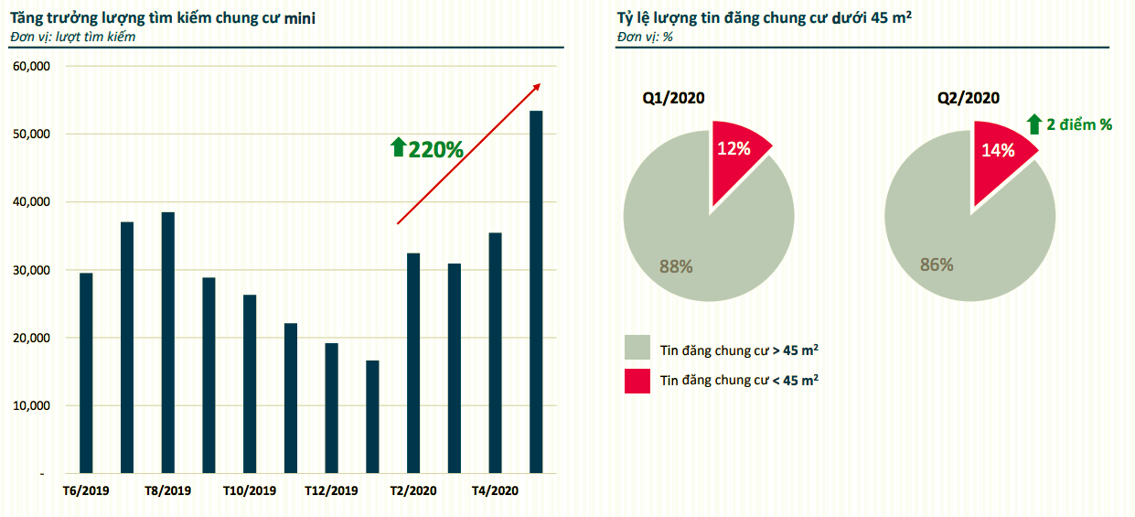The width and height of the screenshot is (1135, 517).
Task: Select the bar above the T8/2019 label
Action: click(168, 342)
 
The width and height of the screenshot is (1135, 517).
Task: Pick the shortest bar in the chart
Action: click(372, 416)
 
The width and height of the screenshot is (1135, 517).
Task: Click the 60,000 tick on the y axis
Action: click(33, 67)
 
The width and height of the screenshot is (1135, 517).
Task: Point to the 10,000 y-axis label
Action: click(33, 405)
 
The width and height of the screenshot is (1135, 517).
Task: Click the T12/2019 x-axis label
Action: click(331, 491)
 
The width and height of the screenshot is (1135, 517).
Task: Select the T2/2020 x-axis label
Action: click(413, 491)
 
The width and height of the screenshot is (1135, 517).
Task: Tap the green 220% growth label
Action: click(427, 149)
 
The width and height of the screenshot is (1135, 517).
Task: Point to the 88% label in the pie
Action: click(677, 267)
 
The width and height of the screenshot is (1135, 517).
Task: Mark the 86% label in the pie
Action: click(937, 265)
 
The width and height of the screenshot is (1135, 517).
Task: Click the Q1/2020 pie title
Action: click(674, 99)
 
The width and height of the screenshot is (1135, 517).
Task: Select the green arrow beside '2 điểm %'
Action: click(1033, 124)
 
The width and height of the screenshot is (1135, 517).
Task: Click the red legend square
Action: click(637, 381)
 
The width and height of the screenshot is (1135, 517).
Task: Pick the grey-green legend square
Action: click(637, 349)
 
